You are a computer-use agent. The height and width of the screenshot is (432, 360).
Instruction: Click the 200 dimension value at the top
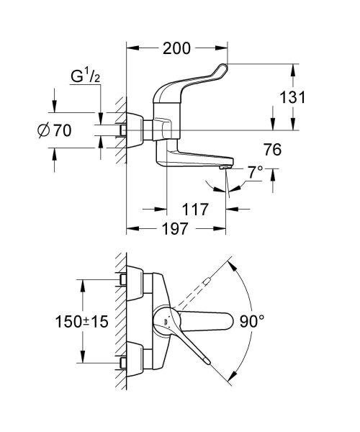176,49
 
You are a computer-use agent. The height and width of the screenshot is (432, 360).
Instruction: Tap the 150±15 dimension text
81,322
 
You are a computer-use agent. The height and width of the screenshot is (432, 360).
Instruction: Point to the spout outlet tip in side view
225,167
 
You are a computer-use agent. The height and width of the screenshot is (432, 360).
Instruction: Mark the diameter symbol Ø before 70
42,130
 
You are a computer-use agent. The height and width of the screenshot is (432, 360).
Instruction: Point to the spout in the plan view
209,319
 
